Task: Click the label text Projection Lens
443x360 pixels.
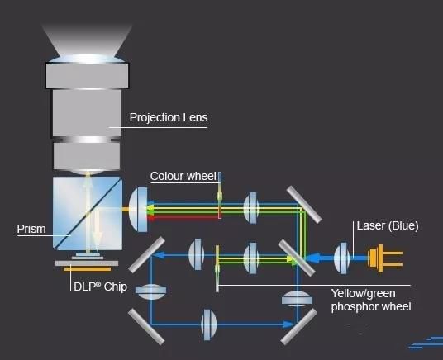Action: [168, 117]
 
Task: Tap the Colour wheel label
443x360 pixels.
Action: [183, 176]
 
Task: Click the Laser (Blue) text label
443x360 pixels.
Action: [391, 225]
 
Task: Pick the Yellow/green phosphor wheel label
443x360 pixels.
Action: [369, 300]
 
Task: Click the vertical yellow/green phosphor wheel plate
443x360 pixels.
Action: [217, 266]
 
